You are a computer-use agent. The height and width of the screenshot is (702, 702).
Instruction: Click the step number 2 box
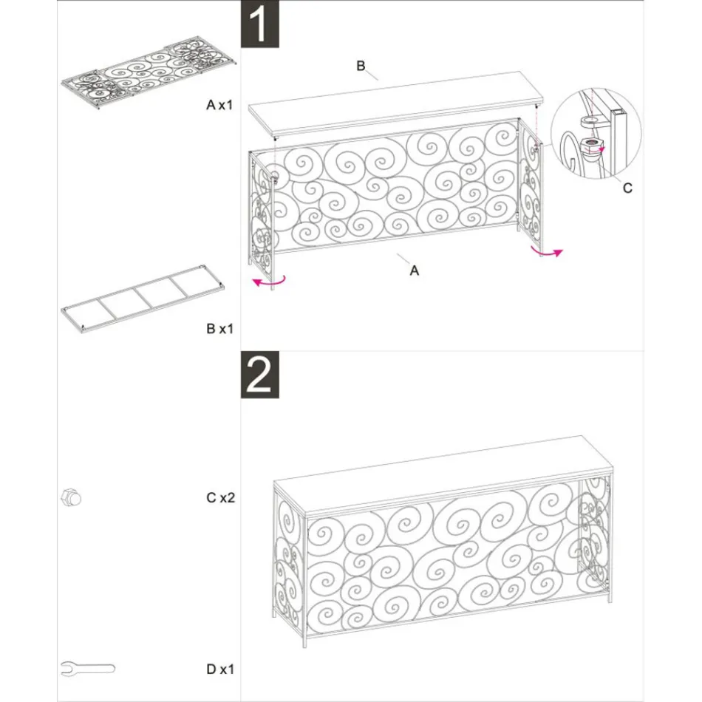(261, 375)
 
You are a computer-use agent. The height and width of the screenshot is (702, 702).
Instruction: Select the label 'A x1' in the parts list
(219, 106)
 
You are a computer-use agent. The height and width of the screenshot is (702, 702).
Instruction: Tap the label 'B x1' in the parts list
(219, 327)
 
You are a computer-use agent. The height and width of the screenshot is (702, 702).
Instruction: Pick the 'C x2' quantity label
(220, 498)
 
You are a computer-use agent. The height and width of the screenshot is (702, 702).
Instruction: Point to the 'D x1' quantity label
(219, 669)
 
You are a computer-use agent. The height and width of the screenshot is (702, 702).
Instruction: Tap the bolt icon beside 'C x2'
(70, 498)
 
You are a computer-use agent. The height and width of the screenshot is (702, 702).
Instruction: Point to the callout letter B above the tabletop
(361, 67)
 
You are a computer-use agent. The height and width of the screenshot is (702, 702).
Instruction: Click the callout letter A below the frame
(415, 271)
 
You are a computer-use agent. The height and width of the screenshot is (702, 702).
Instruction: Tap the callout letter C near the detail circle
(627, 188)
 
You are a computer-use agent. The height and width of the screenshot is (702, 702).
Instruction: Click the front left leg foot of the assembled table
(302, 644)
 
